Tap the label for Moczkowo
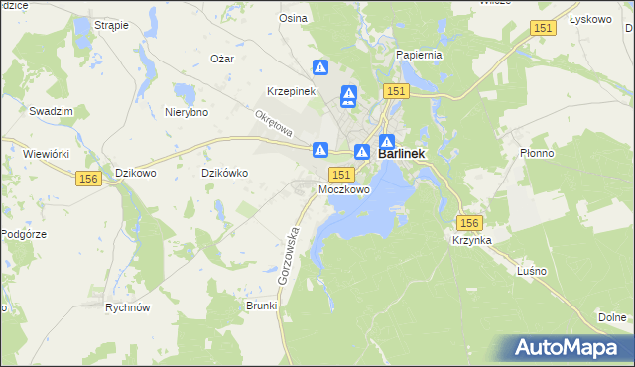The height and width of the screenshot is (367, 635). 344,188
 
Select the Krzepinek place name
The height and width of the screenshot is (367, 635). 291,91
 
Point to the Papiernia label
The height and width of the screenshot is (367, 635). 417,55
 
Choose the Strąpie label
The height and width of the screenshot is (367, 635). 111,25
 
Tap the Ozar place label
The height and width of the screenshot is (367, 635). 222,59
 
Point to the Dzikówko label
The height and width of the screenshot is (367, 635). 224,173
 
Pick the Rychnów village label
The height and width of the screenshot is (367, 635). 127,307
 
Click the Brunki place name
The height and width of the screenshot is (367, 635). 261,306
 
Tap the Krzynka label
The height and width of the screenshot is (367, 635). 473,241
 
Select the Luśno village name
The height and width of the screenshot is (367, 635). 532,271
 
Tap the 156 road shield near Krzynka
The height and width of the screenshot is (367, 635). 469,223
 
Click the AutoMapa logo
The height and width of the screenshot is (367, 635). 570,348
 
